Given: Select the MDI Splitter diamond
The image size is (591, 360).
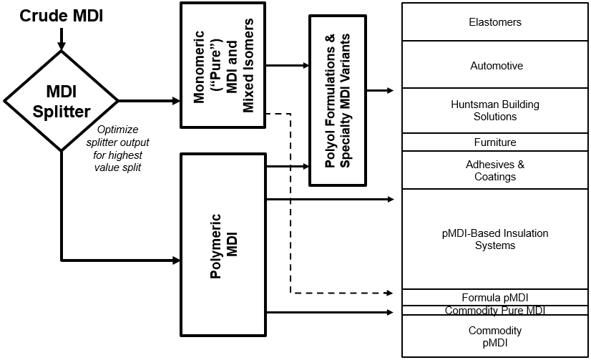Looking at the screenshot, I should [62, 101].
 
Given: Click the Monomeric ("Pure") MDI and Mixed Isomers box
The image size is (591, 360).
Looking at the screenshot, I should [223, 65].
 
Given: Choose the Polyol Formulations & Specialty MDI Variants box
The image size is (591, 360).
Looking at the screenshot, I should [338, 99].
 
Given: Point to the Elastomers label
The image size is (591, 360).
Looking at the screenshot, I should [495, 22].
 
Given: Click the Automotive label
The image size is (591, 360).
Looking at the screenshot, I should [495, 66].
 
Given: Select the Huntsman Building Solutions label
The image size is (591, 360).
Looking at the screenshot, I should [495, 111].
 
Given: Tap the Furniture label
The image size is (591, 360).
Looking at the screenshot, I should [495, 142].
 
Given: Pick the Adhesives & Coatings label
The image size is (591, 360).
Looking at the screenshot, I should [495, 170].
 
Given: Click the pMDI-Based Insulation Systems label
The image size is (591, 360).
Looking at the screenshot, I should [495, 240].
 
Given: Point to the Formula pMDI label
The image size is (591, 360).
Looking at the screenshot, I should [495, 298].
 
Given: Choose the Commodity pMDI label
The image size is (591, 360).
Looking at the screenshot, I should [495, 336].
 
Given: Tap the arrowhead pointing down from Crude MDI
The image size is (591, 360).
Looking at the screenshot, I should [62, 47].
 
